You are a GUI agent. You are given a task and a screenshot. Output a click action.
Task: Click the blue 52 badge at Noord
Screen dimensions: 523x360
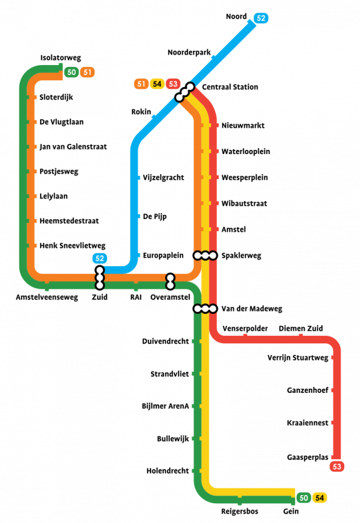tap(261, 18)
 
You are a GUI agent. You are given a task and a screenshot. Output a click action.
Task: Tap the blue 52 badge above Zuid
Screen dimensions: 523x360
tap(100, 258)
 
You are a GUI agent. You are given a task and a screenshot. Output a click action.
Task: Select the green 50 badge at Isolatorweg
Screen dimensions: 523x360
tap(71, 72)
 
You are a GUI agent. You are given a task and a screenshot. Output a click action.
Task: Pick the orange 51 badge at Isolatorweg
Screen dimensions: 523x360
tap(87, 72)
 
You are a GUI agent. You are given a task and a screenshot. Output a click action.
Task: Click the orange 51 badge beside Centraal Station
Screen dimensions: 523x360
tap(141, 84)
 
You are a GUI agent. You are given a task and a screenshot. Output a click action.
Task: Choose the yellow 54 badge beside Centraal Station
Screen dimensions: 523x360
tap(156, 84)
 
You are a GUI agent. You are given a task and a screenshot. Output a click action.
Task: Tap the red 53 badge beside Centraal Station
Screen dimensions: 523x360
tap(172, 84)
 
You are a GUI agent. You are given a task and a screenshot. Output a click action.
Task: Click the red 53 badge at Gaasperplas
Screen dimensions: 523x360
tap(337, 466)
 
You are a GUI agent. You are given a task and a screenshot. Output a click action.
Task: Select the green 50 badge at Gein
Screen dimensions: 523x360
tap(303, 498)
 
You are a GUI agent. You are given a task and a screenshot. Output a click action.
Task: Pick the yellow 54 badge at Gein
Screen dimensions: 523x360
tap(319, 498)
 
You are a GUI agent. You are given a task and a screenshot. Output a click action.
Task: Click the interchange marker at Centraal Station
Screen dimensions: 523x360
tap(184, 92)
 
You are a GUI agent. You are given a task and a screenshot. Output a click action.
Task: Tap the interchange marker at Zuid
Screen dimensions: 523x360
tap(99, 278)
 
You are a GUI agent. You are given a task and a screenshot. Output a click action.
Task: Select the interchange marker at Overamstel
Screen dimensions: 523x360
tap(170, 281)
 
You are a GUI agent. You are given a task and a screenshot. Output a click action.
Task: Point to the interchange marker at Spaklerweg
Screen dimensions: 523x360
tap(205, 255)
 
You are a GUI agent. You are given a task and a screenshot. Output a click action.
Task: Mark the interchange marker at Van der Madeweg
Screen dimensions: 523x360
tap(205, 309)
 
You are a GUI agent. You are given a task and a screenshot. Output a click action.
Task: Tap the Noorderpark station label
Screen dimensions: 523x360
tap(188, 52)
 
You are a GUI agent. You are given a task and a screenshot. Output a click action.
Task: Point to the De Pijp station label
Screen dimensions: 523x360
tap(155, 216)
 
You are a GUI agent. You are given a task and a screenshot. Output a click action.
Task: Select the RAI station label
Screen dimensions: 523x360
tap(136, 297)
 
